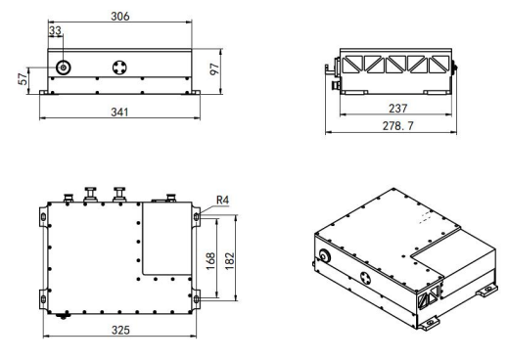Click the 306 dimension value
pyautogui.click(x=120, y=16)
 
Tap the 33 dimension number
pyautogui.click(x=55, y=30)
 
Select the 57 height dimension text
pyautogui.click(x=23, y=79)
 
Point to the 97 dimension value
pyautogui.click(x=214, y=69)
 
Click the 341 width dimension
pyautogui.click(x=119, y=112)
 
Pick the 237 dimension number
pyautogui.click(x=398, y=108)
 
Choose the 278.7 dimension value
pyautogui.click(x=397, y=125)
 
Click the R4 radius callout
pyautogui.click(x=222, y=200)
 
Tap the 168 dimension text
pyautogui.click(x=210, y=261)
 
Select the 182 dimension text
pyautogui.click(x=230, y=261)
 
